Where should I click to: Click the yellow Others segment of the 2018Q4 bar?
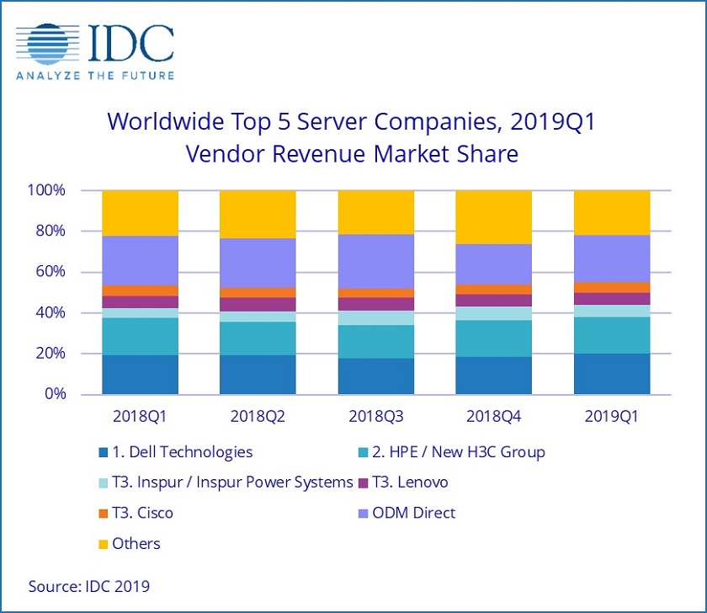[494, 216]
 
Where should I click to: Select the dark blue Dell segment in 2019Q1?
[612, 374]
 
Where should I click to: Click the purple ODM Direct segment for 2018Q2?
[258, 263]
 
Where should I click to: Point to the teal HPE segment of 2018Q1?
[140, 336]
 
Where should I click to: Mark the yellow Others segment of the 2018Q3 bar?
[375, 211]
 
